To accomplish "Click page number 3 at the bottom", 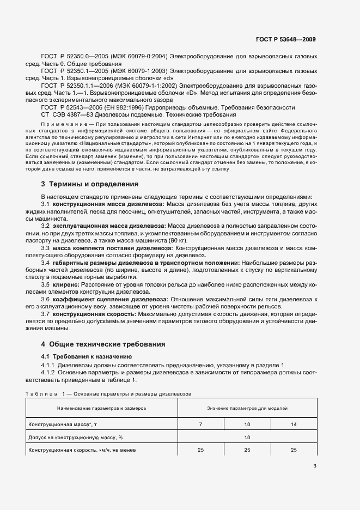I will point(315,466).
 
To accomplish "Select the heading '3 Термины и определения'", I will point(90,184).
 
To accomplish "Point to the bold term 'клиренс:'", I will point(66,285).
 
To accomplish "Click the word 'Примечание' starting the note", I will point(63,125).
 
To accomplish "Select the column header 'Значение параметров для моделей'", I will point(247,408).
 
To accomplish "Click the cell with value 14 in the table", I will point(294,423).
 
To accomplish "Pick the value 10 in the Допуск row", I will point(247,437).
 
